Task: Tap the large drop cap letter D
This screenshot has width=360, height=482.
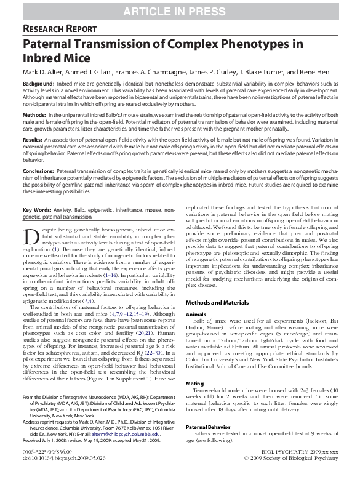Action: [32, 237]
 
